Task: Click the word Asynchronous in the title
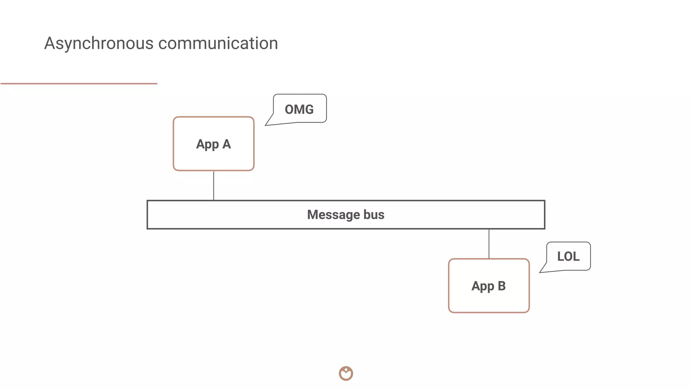tap(99, 44)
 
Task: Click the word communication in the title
tap(218, 44)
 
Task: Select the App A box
tap(213, 159)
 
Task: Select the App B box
tap(489, 301)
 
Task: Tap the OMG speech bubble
tap(299, 109)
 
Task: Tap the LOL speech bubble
tap(568, 256)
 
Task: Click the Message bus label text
tap(346, 215)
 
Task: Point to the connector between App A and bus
tap(214, 185)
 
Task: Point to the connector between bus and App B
tap(489, 243)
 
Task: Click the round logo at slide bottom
tap(346, 373)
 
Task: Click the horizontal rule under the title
tap(79, 83)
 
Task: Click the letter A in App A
tap(226, 144)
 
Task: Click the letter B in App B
tap(501, 286)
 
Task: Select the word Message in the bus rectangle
tap(333, 215)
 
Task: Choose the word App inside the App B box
tap(483, 286)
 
